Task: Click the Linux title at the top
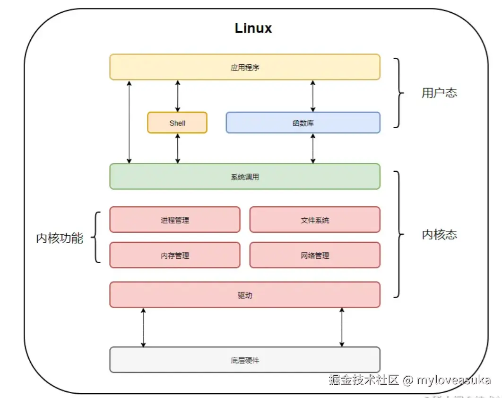[x=253, y=28]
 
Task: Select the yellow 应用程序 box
[x=245, y=67]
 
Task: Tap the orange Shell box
[x=177, y=123]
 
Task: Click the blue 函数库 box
[x=303, y=123]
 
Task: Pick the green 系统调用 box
[x=245, y=177]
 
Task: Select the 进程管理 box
[x=175, y=220]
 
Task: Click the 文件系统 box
[x=315, y=220]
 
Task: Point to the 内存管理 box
[x=175, y=256]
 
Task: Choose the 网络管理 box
[x=315, y=256]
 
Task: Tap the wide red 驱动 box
[x=245, y=295]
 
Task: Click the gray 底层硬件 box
[x=245, y=360]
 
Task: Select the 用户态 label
[x=439, y=93]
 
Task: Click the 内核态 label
[x=439, y=235]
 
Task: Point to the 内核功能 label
[x=60, y=238]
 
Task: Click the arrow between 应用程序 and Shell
[x=178, y=96]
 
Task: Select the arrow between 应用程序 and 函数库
[x=312, y=96]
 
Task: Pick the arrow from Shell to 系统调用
[x=178, y=149]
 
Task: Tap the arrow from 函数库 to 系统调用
[x=312, y=149]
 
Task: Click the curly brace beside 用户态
[x=399, y=93]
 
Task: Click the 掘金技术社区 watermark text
[x=364, y=380]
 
